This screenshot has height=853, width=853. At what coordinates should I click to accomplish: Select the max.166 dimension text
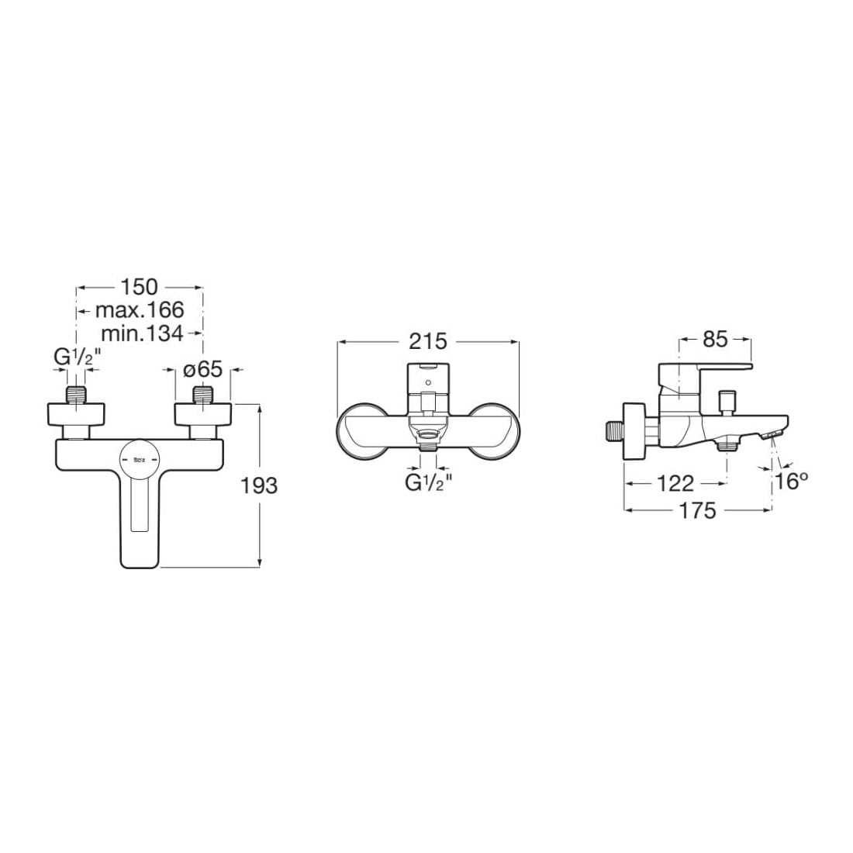point(140,309)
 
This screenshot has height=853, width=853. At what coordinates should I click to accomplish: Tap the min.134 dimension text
point(143,333)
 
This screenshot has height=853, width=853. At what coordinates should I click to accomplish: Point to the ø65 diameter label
point(203,370)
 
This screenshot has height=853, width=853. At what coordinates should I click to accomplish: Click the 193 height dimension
point(259,485)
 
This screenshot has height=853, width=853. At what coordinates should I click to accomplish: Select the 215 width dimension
point(428,341)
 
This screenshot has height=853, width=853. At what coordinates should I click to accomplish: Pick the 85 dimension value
point(715,339)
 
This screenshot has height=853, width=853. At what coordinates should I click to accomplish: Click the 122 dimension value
point(675,483)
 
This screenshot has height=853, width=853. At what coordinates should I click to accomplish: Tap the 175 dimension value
point(698,511)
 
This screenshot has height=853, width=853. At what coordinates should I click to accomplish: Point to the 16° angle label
point(792,481)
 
